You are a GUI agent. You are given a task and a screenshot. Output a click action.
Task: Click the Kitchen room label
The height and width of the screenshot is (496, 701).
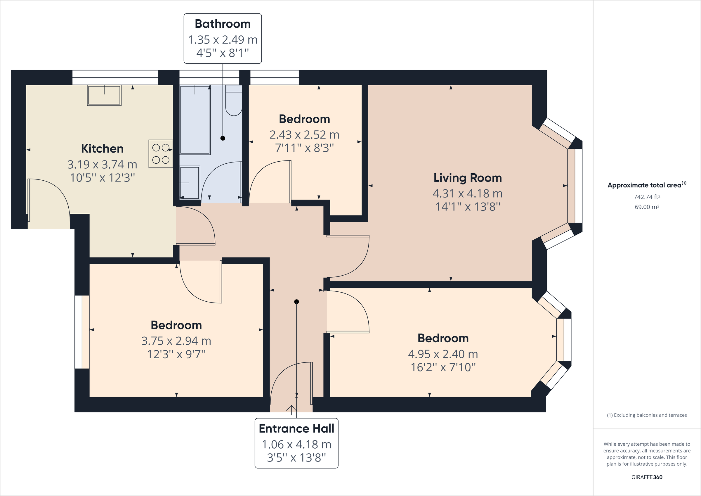pyautogui.click(x=102, y=148)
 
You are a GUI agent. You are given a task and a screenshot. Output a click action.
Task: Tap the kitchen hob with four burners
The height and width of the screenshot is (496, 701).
pyautogui.click(x=161, y=154)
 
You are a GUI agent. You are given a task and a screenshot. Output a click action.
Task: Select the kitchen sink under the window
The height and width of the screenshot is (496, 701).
pyautogui.click(x=104, y=95)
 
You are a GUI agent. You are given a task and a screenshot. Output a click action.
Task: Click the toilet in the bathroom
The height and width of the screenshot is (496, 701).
pyautogui.click(x=234, y=101)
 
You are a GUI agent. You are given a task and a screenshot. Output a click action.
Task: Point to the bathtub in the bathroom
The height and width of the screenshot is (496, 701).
pyautogui.click(x=195, y=120)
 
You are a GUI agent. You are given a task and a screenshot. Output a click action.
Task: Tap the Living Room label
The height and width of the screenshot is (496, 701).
pyautogui.click(x=467, y=178)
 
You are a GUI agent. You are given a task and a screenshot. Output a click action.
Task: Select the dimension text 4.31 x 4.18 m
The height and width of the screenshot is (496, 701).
pyautogui.click(x=467, y=193)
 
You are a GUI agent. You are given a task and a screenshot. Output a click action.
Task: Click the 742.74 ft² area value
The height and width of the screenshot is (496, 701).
pyautogui.click(x=647, y=197)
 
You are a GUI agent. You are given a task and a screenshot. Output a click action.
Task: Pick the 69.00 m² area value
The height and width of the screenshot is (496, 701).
pyautogui.click(x=647, y=207)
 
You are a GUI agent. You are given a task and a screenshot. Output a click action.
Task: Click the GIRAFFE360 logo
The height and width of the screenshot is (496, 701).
pyautogui.click(x=647, y=477)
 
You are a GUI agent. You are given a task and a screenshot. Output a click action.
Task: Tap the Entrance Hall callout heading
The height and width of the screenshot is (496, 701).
pyautogui.click(x=296, y=428)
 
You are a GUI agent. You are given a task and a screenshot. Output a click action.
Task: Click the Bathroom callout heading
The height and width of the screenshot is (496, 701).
pyautogui.click(x=223, y=24)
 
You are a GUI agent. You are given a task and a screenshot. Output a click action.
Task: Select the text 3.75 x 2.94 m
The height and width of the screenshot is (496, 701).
pyautogui.click(x=176, y=341)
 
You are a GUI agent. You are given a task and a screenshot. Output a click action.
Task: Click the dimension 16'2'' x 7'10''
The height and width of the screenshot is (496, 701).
pyautogui.click(x=443, y=367)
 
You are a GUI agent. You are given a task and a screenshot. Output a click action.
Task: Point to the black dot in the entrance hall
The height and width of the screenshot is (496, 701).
pyautogui.click(x=296, y=302)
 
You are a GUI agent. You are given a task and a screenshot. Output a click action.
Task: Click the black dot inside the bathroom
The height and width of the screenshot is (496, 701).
pyautogui.click(x=223, y=138)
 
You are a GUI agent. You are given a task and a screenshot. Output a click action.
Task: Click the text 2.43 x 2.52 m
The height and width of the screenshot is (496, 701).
pyautogui.click(x=304, y=135)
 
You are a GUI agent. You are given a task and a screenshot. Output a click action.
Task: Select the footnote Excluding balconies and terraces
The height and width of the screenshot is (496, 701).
pyautogui.click(x=647, y=415)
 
